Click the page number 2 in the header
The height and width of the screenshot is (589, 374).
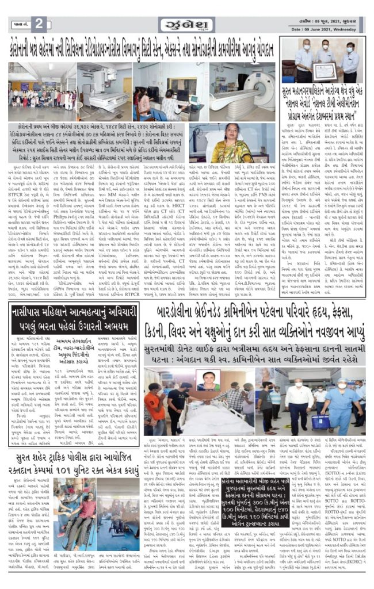[x=39, y=24]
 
